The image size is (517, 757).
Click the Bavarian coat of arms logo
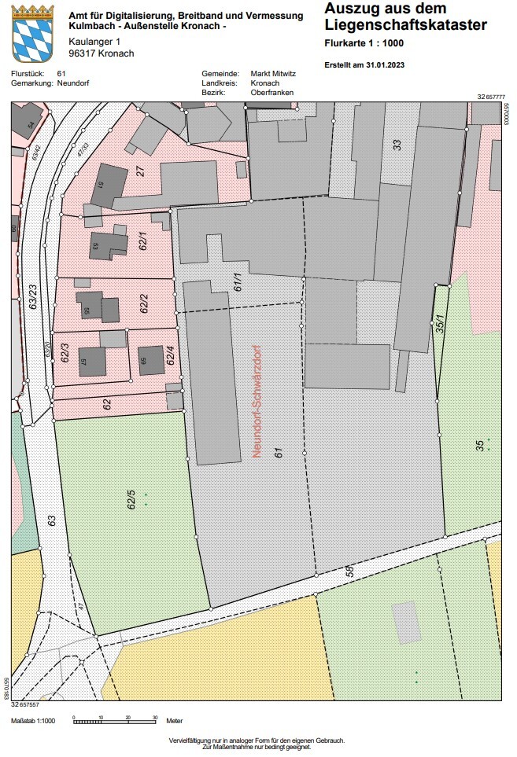point(33,33)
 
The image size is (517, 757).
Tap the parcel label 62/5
point(132,499)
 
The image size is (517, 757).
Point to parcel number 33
point(397,145)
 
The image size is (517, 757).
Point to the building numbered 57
point(92,362)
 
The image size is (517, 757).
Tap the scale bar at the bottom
point(115,719)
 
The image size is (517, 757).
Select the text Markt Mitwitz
point(273,73)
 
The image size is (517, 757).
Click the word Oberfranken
point(271,92)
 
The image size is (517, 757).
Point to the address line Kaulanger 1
point(95,41)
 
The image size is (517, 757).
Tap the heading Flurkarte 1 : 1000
point(364,42)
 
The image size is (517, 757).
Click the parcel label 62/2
point(144,303)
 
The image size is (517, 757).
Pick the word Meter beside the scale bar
point(174,720)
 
